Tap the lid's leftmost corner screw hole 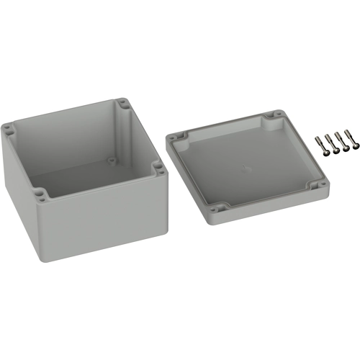174,137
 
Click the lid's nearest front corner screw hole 221,210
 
